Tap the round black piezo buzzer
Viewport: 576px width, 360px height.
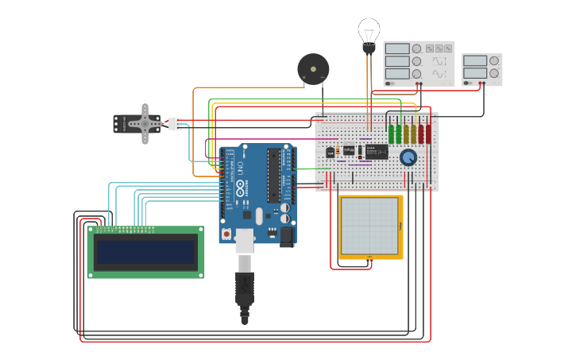click(x=312, y=69)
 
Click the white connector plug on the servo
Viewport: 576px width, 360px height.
click(x=175, y=123)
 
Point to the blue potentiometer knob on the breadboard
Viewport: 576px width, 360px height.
click(x=408, y=157)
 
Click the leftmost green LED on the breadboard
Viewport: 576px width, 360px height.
click(x=391, y=133)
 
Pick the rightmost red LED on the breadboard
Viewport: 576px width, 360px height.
click(x=428, y=133)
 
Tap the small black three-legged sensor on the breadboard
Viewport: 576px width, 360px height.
click(x=330, y=153)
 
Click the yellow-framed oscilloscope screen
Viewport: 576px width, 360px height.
click(x=369, y=226)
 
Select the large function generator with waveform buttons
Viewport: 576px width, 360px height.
click(x=419, y=64)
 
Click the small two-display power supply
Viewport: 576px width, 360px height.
click(x=481, y=70)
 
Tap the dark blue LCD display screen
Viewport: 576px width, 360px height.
click(x=145, y=253)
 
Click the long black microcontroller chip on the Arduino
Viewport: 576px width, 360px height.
click(x=275, y=175)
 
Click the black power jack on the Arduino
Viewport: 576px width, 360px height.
click(x=286, y=235)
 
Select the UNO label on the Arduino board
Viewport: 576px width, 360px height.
click(x=240, y=168)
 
